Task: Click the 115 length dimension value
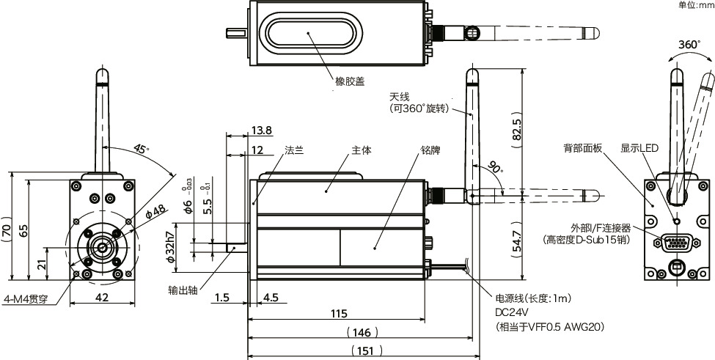(x=337, y=314)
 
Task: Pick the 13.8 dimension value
(x=261, y=131)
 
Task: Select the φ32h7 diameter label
(x=169, y=247)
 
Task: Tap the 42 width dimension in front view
(x=103, y=298)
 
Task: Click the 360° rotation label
(x=689, y=45)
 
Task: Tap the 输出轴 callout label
(x=183, y=289)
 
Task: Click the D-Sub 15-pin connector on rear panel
(x=675, y=243)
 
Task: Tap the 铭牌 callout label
(x=430, y=150)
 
